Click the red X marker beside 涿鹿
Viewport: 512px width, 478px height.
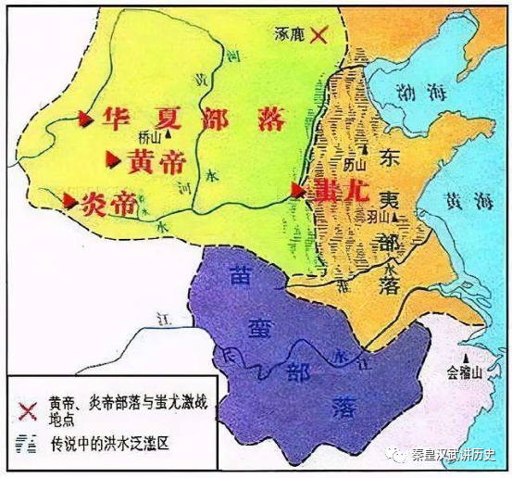click(x=319, y=35)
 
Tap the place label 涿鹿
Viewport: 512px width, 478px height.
click(x=290, y=34)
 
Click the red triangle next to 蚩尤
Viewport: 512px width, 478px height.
click(x=297, y=190)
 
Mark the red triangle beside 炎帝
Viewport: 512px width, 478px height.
click(x=69, y=200)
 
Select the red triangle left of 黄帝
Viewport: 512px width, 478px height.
click(x=114, y=159)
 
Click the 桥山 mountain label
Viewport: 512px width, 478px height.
click(x=150, y=136)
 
